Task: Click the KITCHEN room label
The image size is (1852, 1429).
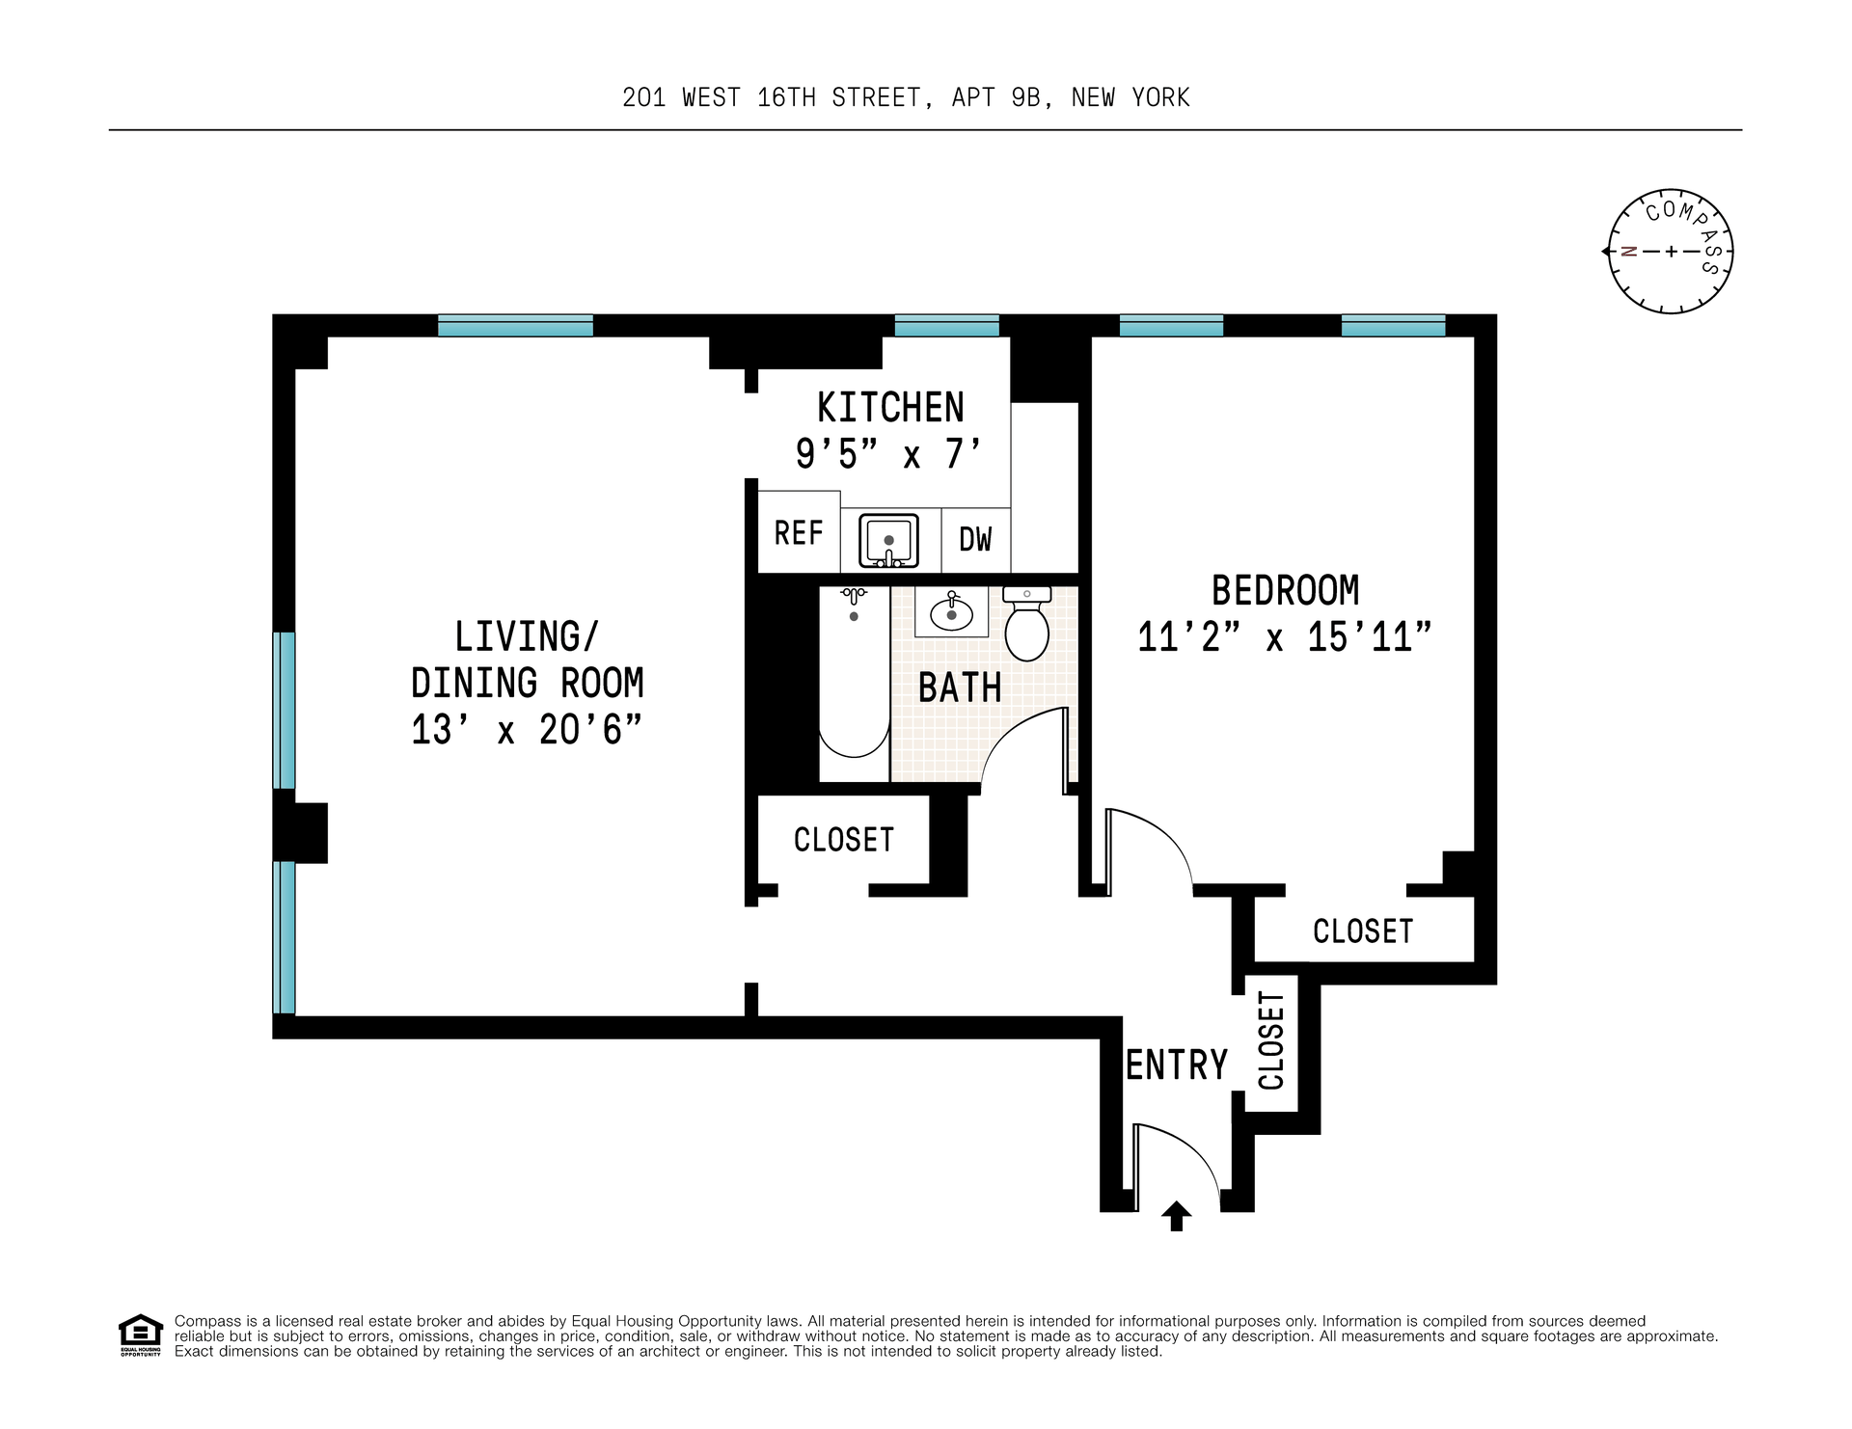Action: pyautogui.click(x=890, y=408)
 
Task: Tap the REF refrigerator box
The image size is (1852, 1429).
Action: pyautogui.click(x=799, y=531)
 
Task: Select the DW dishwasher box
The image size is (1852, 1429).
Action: pyautogui.click(x=976, y=540)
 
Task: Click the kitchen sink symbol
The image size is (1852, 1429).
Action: pyautogui.click(x=888, y=540)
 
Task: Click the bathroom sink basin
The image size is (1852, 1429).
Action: pyautogui.click(x=951, y=613)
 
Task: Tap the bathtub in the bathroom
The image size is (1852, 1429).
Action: pyautogui.click(x=854, y=684)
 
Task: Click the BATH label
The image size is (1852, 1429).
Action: pyautogui.click(x=960, y=688)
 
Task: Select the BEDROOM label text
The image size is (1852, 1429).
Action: pyautogui.click(x=1286, y=590)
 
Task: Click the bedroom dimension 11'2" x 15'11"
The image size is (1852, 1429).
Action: pyautogui.click(x=1285, y=637)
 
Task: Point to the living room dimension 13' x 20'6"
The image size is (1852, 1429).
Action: pyautogui.click(x=527, y=730)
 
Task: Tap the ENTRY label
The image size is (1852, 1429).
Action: pyautogui.click(x=1177, y=1065)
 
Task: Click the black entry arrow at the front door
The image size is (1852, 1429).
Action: pyautogui.click(x=1176, y=1216)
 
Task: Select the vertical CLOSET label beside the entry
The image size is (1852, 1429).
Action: pyautogui.click(x=1271, y=1040)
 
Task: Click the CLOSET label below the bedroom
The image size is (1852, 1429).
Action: pyautogui.click(x=1363, y=931)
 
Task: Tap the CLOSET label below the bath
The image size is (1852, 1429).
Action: pyautogui.click(x=844, y=840)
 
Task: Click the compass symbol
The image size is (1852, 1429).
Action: pyautogui.click(x=1670, y=251)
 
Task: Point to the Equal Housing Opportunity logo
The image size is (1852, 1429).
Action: pyautogui.click(x=141, y=1335)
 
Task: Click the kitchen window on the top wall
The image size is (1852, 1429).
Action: pyautogui.click(x=946, y=326)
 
